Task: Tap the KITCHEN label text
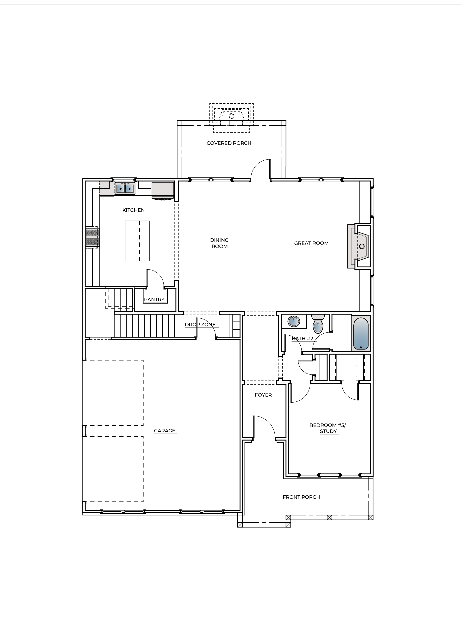point(133,210)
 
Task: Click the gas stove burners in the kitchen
point(92,237)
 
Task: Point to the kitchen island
point(137,241)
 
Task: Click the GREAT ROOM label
point(311,243)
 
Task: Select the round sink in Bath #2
point(294,321)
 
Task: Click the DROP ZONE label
point(200,325)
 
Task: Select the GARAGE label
point(164,430)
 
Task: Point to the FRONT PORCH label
point(301,497)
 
